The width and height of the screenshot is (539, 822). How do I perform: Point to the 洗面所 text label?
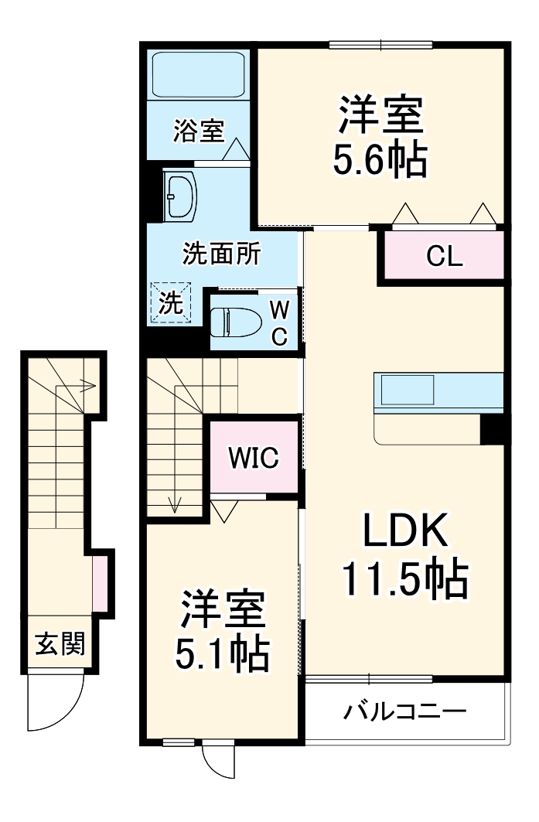221,253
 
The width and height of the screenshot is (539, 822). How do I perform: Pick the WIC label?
253,458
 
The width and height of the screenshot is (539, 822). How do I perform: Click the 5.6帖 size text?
380,161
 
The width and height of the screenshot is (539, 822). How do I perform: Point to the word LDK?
405,532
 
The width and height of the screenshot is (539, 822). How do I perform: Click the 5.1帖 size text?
223,654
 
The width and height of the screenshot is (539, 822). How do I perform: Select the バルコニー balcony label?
405,710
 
